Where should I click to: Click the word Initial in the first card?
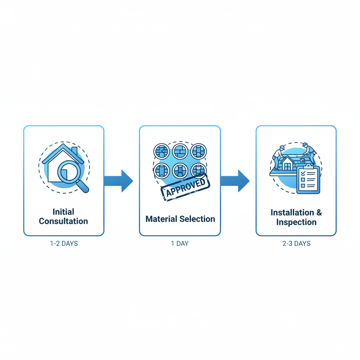coord(63,212)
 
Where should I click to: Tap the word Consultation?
coord(63,221)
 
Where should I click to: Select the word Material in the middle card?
coord(162,219)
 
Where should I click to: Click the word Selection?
coord(198,219)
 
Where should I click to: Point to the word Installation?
coord(292,213)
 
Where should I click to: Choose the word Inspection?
coord(296,222)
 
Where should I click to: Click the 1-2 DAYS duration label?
coord(64,243)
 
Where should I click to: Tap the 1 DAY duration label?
coord(180,243)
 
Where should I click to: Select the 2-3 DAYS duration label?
coord(296,243)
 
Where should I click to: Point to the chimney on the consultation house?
coord(74,151)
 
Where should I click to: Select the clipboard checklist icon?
coord(308,180)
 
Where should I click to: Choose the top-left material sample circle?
coord(162,152)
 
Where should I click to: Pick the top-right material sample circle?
coord(199,152)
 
